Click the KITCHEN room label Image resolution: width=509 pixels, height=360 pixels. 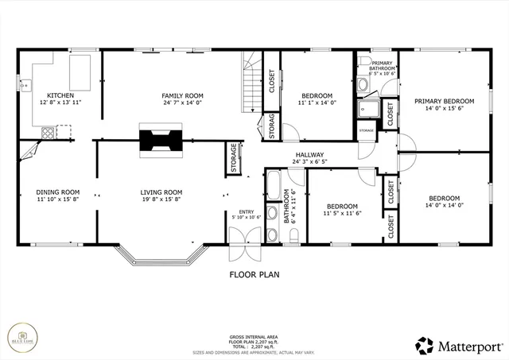coord(60,95)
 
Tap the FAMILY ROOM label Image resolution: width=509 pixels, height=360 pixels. coord(184,95)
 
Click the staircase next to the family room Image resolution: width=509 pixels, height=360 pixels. coord(252,83)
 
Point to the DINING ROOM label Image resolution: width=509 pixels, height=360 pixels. coord(58,192)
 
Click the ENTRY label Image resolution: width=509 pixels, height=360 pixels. coord(246,211)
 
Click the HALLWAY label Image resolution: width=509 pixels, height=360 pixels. coord(309,155)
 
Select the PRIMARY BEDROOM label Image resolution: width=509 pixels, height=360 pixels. coord(444,101)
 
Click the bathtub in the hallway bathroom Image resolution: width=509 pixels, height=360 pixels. coord(272,191)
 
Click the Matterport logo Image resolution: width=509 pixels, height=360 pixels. coord(460,346)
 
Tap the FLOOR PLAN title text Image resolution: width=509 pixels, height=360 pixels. coord(254,275)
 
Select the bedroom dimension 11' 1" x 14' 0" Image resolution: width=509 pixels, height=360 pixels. coord(318,103)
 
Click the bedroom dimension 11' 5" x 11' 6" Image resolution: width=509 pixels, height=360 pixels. coord(342,214)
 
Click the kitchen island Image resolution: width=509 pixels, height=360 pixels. coord(81,72)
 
